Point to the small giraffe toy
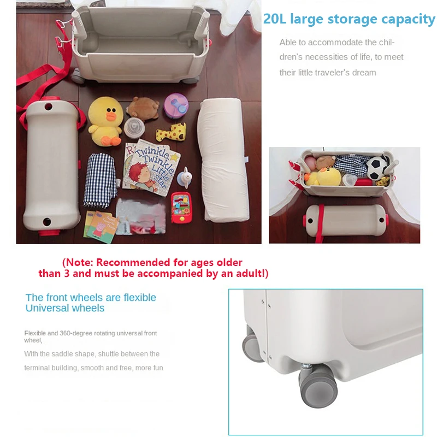[x=171, y=132]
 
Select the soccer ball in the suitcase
[x=377, y=168]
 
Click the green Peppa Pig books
[x=102, y=223]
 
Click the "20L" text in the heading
[x=275, y=20]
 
